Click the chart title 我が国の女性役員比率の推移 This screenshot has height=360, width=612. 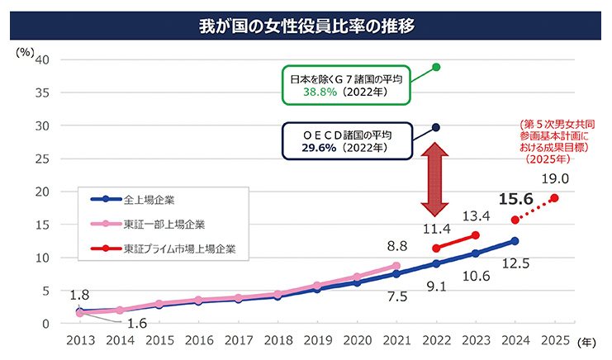(x=306, y=22)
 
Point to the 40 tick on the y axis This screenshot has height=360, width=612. (x=43, y=59)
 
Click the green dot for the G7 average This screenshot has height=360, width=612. (x=436, y=67)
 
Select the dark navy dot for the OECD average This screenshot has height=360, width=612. (x=436, y=128)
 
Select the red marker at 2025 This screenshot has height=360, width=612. (x=554, y=198)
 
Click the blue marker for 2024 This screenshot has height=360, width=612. (x=515, y=241)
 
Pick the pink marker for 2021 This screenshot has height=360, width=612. (x=396, y=265)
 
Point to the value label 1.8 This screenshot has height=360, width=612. (x=79, y=295)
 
